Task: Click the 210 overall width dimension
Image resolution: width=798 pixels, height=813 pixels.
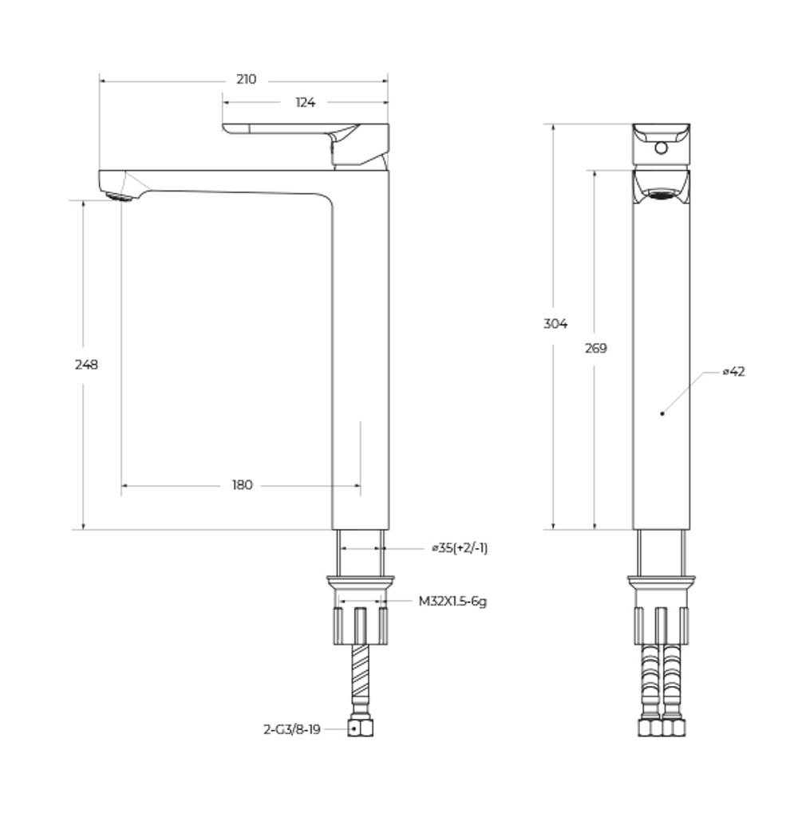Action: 246,80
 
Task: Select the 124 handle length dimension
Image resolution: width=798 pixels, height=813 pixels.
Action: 305,103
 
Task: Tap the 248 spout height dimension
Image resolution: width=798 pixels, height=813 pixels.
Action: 86,365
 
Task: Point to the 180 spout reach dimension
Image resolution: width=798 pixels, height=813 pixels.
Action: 242,485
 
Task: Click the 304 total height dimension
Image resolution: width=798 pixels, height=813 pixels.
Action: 555,324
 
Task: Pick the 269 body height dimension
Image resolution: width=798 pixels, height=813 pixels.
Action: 595,349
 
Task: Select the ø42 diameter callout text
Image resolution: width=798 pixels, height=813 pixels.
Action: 733,372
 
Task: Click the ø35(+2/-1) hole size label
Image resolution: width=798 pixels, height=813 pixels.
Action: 459,548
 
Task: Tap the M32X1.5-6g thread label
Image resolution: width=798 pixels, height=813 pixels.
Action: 452,602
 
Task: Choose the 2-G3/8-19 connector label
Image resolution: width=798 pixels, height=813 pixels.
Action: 291,729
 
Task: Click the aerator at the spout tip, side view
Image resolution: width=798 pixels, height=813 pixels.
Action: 120,196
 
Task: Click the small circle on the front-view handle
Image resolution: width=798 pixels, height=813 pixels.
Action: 660,148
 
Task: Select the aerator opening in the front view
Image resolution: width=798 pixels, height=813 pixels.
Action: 661,193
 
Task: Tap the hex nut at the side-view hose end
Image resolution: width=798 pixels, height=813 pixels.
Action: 361,728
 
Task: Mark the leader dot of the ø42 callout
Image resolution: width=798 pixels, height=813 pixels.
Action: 662,413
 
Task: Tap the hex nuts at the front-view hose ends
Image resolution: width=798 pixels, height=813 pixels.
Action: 661,728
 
